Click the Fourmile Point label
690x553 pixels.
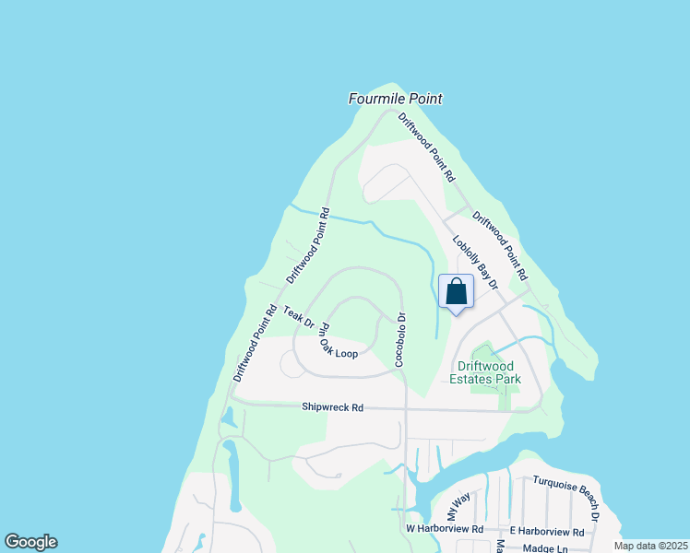pos(395,99)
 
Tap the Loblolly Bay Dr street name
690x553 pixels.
pos(474,263)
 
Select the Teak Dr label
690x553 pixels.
pos(300,316)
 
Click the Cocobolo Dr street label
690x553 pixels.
pos(401,340)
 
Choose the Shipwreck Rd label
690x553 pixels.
pos(333,406)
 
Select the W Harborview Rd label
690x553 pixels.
pos(445,530)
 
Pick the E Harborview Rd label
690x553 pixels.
pos(547,532)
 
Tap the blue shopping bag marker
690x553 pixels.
pos(456,292)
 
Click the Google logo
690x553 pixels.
pos(30,542)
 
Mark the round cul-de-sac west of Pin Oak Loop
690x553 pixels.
pos(290,366)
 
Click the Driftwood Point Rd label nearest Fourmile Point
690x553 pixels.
pos(427,147)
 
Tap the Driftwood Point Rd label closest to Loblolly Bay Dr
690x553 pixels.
pos(499,246)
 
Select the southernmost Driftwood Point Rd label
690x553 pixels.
pos(256,343)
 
